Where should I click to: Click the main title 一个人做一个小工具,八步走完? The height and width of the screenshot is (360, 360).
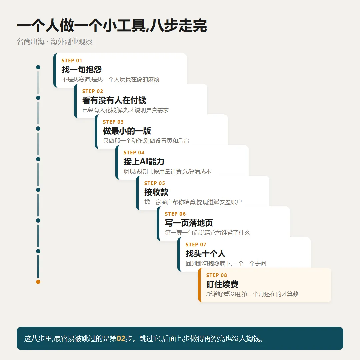pyautogui.click(x=112, y=25)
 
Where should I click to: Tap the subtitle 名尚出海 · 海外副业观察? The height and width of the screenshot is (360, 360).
pyautogui.click(x=55, y=42)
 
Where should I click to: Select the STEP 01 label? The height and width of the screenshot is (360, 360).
pyautogui.click(x=72, y=61)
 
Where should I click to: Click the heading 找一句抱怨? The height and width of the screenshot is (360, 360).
pyautogui.click(x=82, y=70)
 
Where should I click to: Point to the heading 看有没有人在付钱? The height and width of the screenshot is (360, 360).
pyautogui.click(x=114, y=100)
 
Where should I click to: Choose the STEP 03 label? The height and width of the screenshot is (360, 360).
pyautogui.click(x=113, y=122)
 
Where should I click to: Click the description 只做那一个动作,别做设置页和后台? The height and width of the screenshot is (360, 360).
pyautogui.click(x=146, y=141)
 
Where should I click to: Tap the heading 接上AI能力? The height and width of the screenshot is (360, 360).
pyautogui.click(x=144, y=162)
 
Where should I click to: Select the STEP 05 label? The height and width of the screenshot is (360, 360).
pyautogui.click(x=155, y=183)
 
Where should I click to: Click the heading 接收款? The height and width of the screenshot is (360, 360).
pyautogui.click(x=156, y=192)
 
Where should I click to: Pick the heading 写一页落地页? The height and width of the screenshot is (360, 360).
pyautogui.click(x=189, y=223)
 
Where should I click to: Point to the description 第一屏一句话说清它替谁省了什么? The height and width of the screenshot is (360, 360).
pyautogui.click(x=207, y=233)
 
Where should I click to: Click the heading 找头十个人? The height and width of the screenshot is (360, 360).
pyautogui.click(x=205, y=254)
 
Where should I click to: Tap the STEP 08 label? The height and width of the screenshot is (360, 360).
pyautogui.click(x=217, y=275)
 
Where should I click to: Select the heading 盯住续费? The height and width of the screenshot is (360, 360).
pyautogui.click(x=222, y=284)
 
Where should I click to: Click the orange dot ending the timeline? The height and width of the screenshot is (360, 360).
pyautogui.click(x=38, y=282)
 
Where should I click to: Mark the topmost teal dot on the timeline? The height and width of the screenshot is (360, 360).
pyautogui.click(x=38, y=67)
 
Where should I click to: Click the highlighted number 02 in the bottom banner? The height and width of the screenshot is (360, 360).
pyautogui.click(x=121, y=338)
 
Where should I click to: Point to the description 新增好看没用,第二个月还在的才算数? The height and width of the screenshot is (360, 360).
pyautogui.click(x=252, y=294)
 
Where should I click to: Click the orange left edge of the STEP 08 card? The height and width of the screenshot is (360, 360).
pyautogui.click(x=200, y=285)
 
